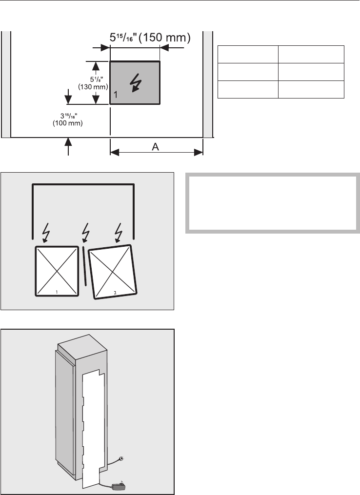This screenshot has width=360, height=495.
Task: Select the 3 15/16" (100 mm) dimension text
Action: (67, 120)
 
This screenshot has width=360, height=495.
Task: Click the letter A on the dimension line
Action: (157, 147)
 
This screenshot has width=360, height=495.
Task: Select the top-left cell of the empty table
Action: (248, 54)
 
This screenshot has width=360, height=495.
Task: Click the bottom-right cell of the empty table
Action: (311, 89)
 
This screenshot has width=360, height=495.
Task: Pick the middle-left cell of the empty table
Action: (248, 72)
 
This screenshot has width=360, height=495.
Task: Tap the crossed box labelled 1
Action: (57, 271)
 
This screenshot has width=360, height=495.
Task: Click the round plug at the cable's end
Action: (121, 458)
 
